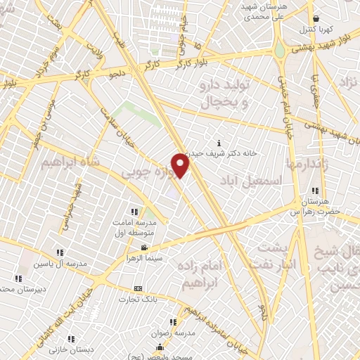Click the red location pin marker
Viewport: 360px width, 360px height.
click(181, 164)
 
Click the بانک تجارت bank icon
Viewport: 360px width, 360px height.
click(138, 288)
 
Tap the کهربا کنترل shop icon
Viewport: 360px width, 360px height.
click(316, 19)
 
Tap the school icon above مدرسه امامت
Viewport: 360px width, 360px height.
click(134, 212)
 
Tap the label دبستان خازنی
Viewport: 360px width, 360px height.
click(70, 349)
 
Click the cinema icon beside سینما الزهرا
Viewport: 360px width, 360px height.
click(144, 248)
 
